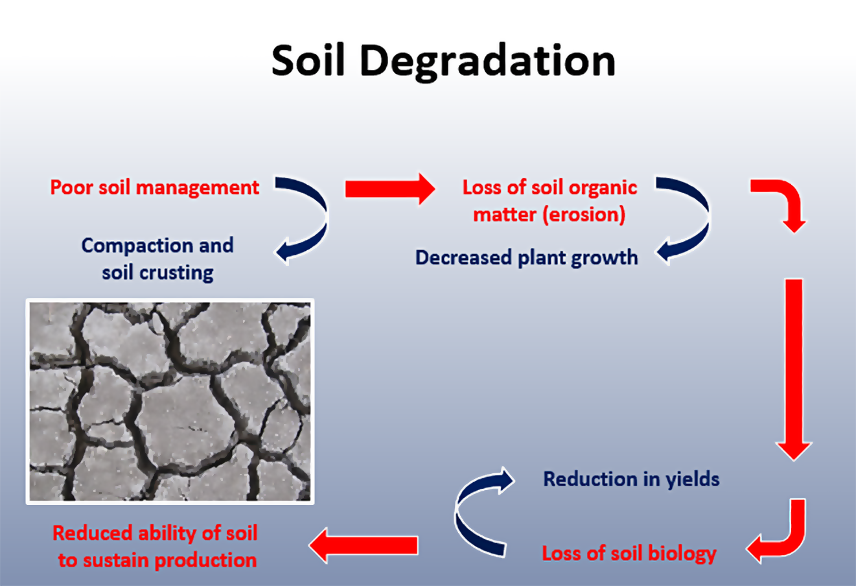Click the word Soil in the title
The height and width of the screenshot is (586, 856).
pyautogui.click(x=308, y=60)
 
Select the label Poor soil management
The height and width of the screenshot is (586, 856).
pyautogui.click(x=155, y=188)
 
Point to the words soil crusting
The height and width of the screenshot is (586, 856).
pyautogui.click(x=157, y=273)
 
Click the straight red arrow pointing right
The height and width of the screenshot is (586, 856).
pyautogui.click(x=390, y=189)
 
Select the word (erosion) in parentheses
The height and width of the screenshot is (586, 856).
pyautogui.click(x=584, y=215)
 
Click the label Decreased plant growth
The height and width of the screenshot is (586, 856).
pyautogui.click(x=527, y=257)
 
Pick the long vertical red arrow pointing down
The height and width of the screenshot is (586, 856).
pyautogui.click(x=794, y=369)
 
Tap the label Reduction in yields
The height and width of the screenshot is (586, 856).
pyautogui.click(x=631, y=479)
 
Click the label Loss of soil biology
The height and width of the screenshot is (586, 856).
pyautogui.click(x=629, y=554)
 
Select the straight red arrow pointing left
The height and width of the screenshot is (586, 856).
pyautogui.click(x=364, y=545)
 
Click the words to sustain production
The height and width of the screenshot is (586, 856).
pyautogui.click(x=157, y=561)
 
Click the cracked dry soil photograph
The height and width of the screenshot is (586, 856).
pyautogui.click(x=170, y=401)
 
